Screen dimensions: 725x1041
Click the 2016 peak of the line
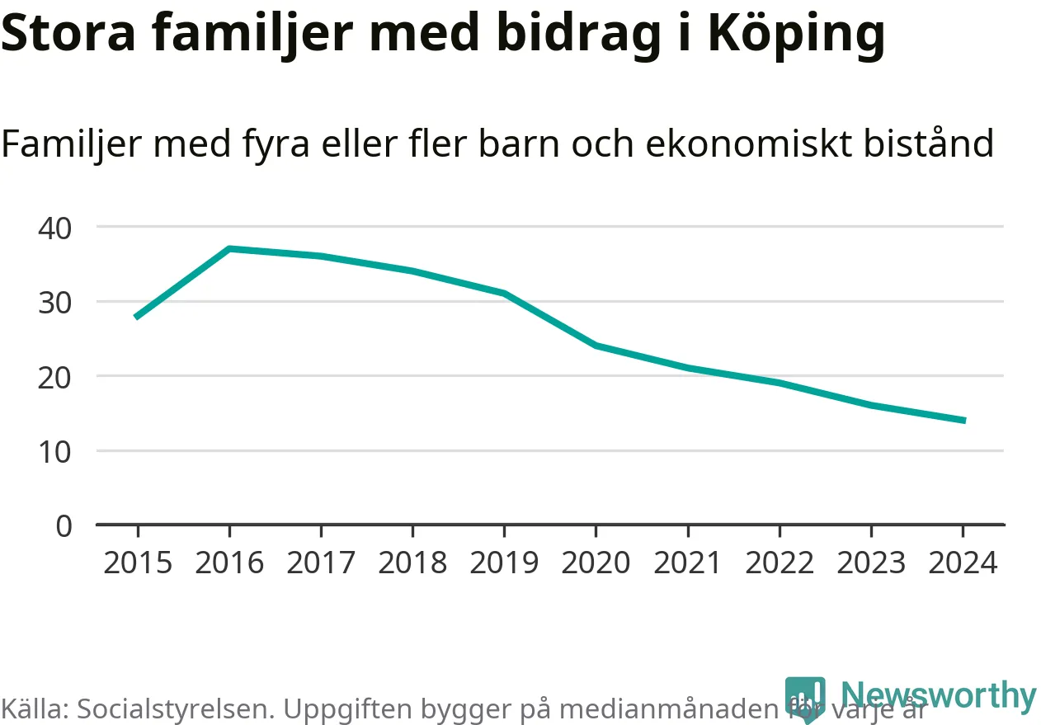point(229,248)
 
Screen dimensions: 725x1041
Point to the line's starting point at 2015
point(137,316)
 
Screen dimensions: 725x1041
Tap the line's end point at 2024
point(963,421)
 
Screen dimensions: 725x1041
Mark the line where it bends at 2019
point(504,293)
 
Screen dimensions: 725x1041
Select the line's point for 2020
point(596,345)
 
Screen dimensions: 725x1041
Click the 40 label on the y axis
point(55,227)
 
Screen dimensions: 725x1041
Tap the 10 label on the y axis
point(55,451)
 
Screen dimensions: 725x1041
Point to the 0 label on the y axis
point(64,525)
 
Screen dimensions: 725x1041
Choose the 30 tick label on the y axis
point(55,302)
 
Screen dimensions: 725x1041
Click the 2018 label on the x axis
point(412,563)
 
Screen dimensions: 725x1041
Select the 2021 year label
point(687,563)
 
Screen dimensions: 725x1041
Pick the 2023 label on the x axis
point(871,563)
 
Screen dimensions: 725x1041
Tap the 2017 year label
point(321,563)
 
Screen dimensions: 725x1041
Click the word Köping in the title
point(796,35)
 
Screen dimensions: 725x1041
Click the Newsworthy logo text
point(939,695)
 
